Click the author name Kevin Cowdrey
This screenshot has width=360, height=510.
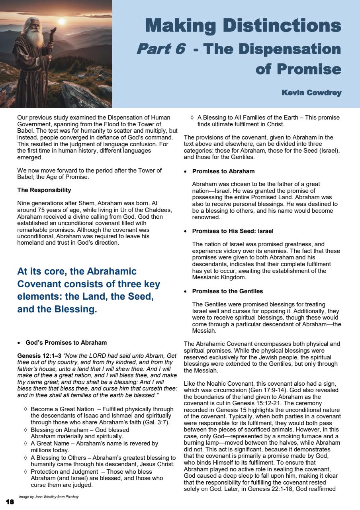[311, 93]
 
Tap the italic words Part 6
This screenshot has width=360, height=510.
[160, 49]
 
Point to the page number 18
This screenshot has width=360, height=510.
[10, 502]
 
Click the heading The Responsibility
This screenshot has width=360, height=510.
[44, 190]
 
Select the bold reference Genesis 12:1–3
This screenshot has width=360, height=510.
[39, 355]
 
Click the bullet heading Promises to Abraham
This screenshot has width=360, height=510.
[223, 171]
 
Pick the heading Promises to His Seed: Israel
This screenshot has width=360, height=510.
[233, 231]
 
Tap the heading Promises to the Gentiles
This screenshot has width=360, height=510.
[227, 291]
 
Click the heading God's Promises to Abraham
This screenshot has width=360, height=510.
[66, 342]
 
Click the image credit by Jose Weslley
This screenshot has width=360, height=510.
[48, 497]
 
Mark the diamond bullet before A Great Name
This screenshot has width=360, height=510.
[25, 443]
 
